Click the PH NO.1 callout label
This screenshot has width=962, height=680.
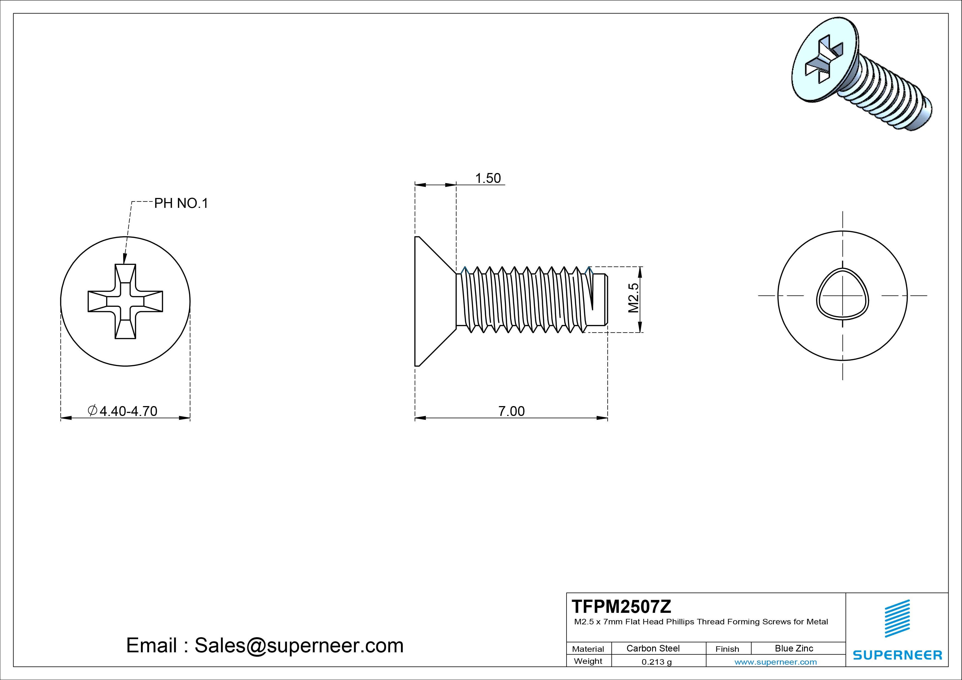click(181, 204)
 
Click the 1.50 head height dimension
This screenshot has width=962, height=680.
click(488, 178)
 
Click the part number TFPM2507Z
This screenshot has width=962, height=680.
click(621, 606)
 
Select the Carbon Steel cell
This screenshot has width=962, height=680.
click(653, 648)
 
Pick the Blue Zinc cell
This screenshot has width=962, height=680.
click(794, 648)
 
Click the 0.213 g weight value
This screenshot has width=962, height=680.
click(657, 662)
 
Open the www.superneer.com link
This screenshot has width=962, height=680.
click(776, 662)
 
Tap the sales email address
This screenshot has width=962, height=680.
click(265, 646)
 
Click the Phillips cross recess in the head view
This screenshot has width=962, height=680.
click(125, 301)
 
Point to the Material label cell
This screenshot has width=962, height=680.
click(588, 649)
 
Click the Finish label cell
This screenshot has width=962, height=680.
click(727, 649)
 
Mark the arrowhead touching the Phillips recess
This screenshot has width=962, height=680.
click(125, 260)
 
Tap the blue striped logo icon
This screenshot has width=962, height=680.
click(897, 619)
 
